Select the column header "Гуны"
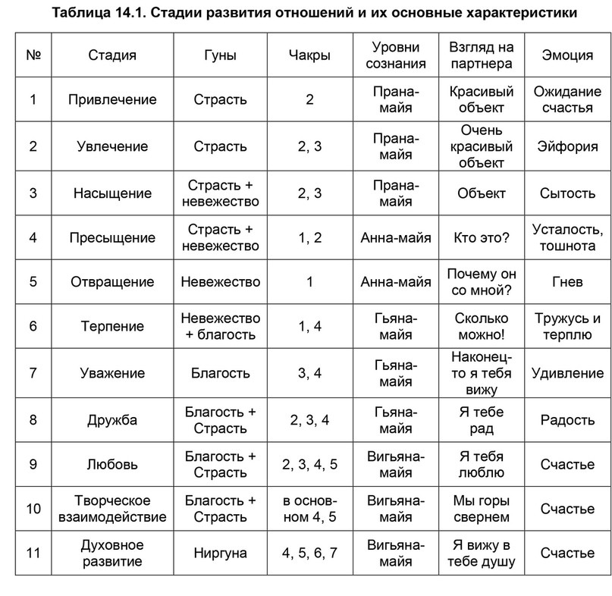point(220,55)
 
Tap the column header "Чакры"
point(309,55)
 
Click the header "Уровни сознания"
point(396,55)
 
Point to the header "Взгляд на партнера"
point(481,55)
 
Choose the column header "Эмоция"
point(568,55)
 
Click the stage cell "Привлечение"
point(112,99)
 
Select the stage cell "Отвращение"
point(112,282)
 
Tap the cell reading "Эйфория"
point(568,146)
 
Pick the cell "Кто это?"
point(481,238)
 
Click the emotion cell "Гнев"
point(568,282)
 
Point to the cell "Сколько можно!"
point(481,326)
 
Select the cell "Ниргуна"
point(220,554)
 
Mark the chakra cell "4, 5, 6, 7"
point(309,554)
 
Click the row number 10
point(33,508)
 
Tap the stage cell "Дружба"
point(112,419)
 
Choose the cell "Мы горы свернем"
point(481,508)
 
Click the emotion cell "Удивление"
point(568,372)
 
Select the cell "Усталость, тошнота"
point(568,238)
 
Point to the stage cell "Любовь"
point(112,463)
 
